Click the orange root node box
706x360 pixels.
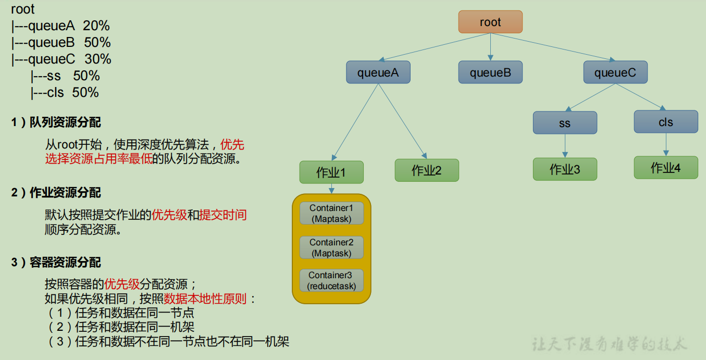[x=490, y=22]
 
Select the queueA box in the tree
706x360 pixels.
[x=378, y=72]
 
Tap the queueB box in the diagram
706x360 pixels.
[x=490, y=72]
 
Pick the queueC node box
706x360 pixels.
[x=615, y=72]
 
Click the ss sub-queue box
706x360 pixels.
[x=565, y=123]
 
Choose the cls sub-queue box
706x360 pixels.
[x=665, y=122]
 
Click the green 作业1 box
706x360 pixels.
[x=331, y=172]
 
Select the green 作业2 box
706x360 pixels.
[x=427, y=170]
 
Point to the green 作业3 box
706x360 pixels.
[x=565, y=169]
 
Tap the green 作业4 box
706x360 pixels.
[x=665, y=168]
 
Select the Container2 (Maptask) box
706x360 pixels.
[x=331, y=247]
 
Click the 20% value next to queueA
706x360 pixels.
[x=96, y=26]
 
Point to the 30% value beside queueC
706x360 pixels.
[x=98, y=59]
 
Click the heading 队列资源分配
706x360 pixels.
[x=65, y=122]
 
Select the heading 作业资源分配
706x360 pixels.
[x=65, y=193]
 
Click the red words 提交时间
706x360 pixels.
[x=223, y=215]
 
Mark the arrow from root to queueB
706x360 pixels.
[x=490, y=47]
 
